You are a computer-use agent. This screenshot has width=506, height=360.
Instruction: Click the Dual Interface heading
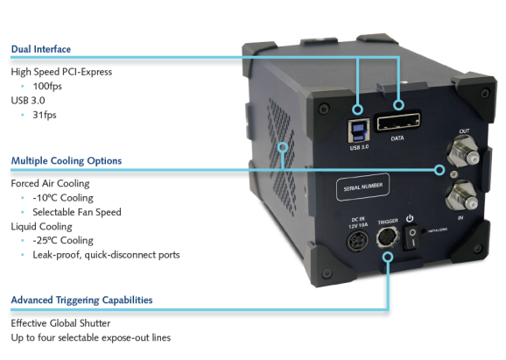(41, 49)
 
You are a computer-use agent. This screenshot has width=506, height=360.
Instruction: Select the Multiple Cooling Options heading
(67, 161)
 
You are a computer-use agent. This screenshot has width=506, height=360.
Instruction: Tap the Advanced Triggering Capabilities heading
(81, 300)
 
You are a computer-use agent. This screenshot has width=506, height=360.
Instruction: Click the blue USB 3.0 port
(359, 131)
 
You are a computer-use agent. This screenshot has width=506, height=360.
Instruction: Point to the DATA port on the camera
(397, 121)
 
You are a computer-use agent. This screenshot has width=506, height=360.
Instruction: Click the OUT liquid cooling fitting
(462, 150)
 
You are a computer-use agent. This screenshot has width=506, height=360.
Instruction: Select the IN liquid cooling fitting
(461, 195)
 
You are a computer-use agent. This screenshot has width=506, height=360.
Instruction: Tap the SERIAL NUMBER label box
(362, 187)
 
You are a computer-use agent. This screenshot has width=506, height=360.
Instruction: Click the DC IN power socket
(357, 241)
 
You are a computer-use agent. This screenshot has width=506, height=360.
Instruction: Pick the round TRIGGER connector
(388, 237)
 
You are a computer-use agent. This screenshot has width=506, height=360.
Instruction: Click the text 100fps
(47, 86)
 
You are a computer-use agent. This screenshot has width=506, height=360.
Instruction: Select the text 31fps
(45, 115)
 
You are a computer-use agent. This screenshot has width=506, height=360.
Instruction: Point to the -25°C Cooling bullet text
(63, 241)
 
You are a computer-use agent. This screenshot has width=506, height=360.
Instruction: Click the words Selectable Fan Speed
(77, 212)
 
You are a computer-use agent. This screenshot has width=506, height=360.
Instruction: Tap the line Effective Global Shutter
(60, 323)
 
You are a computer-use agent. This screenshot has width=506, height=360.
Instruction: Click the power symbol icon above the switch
(410, 219)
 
